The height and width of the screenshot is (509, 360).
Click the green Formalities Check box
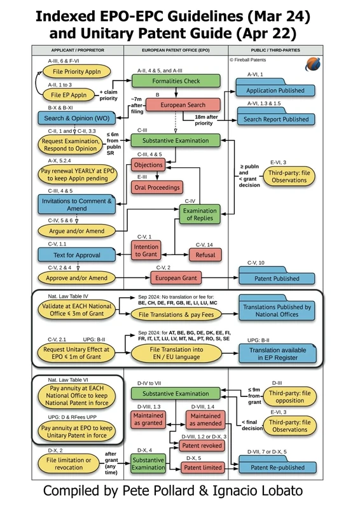176,81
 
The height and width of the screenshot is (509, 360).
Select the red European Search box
183,105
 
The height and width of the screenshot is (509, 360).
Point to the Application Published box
275,91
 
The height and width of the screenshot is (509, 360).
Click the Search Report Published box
275,119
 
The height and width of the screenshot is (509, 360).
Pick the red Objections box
148,165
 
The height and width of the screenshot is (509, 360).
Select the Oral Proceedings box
156,188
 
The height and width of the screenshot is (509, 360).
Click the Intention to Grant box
146,251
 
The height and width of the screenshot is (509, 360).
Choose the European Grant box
182,278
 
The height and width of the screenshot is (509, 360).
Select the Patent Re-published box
275,468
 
